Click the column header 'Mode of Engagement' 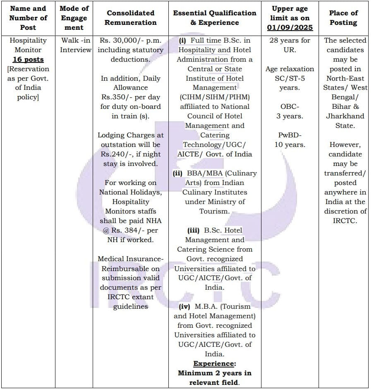(74, 18)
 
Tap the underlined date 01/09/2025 (292, 28)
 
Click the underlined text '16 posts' (28, 60)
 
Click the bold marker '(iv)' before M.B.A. (185, 307)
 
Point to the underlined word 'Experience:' (214, 363)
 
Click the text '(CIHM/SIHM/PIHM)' (215, 97)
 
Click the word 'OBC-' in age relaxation (290, 107)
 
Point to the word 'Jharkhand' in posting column (345, 116)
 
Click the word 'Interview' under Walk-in (76, 50)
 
